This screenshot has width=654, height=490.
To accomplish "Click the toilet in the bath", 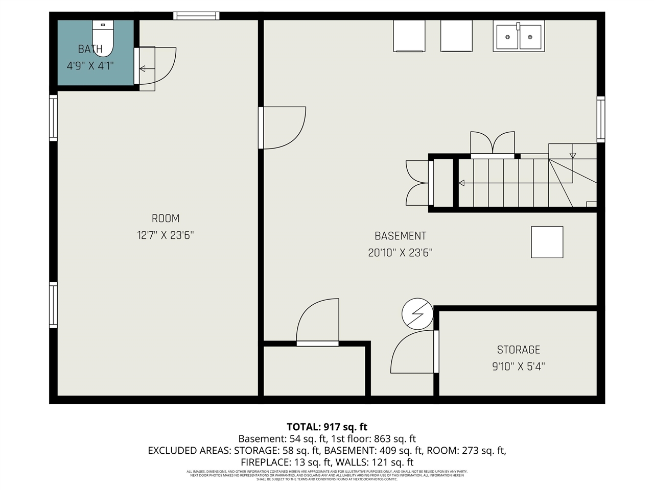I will (103, 37).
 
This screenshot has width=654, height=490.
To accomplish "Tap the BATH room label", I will (90, 49).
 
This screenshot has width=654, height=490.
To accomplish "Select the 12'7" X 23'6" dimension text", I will (166, 235).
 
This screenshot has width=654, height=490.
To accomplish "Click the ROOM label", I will (166, 218).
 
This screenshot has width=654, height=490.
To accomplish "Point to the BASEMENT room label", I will (400, 236).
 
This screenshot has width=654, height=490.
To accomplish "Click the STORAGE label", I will (518, 350).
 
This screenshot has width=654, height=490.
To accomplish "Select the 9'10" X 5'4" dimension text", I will (518, 366).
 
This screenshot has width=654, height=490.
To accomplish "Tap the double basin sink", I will (519, 36).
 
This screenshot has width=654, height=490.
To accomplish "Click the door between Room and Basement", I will (282, 128).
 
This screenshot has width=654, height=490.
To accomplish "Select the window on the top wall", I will (197, 16).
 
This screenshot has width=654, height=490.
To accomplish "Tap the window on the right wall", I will (601, 119).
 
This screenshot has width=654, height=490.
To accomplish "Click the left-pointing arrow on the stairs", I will (462, 183).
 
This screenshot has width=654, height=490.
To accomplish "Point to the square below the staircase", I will (547, 242).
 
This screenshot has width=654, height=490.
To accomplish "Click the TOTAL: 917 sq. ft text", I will (327, 427).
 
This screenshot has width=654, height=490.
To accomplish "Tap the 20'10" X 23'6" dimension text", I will (400, 253).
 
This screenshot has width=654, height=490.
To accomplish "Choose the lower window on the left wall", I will (53, 305).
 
